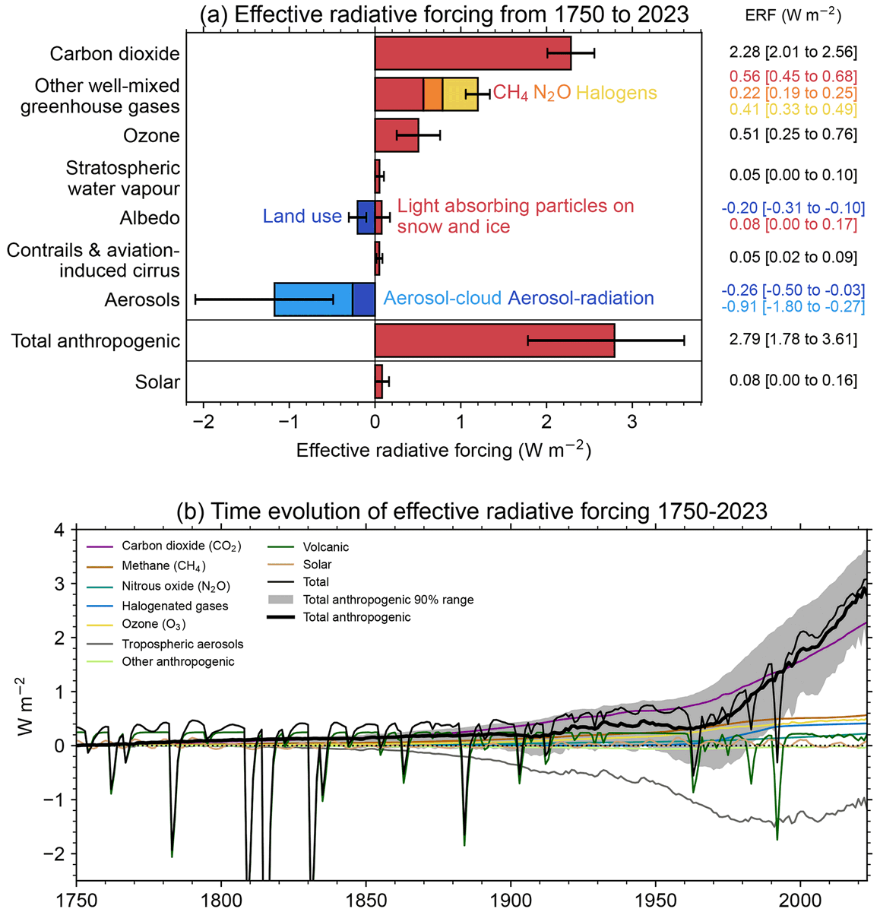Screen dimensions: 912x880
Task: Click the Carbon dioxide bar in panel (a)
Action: pyautogui.click(x=471, y=53)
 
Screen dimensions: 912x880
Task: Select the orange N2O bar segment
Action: pyautogui.click(x=432, y=94)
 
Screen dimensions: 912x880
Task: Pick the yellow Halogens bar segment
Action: pyautogui.click(x=459, y=94)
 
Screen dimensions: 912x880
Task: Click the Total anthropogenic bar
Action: pyautogui.click(x=494, y=340)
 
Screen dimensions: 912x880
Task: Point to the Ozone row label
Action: pyautogui.click(x=151, y=136)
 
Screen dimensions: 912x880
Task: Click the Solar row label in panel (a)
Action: pyautogui.click(x=157, y=382)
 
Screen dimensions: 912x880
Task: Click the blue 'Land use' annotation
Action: pyautogui.click(x=302, y=217)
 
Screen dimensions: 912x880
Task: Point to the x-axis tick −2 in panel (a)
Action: pyautogui.click(x=203, y=423)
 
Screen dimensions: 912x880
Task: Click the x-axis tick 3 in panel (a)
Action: pyautogui.click(x=632, y=423)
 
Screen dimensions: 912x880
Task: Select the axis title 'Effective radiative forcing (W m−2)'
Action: pyautogui.click(x=443, y=450)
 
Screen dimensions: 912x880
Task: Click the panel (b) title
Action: pyautogui.click(x=471, y=511)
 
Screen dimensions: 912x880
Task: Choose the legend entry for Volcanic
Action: pyautogui.click(x=325, y=547)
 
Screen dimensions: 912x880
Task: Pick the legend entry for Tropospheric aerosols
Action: pyautogui.click(x=182, y=644)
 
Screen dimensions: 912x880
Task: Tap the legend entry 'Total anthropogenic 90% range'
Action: pyautogui.click(x=388, y=600)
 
